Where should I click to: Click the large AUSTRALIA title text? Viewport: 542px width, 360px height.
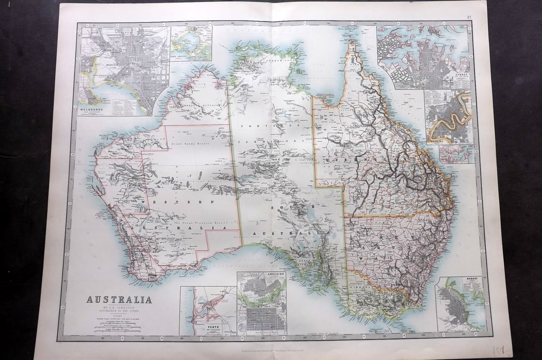click(119, 300)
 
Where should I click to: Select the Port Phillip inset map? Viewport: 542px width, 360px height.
click(191, 44)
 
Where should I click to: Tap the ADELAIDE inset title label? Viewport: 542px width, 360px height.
click(273, 275)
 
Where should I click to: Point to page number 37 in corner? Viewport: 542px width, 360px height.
click(469, 17)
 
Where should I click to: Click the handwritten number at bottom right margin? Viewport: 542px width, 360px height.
click(499, 351)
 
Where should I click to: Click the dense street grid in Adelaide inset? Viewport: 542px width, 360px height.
click(263, 320)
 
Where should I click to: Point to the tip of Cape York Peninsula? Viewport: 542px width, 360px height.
click(353, 43)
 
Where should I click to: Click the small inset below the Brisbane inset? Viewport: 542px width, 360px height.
click(456, 154)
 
